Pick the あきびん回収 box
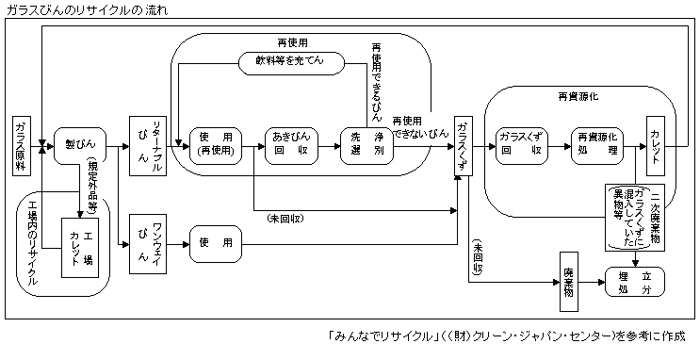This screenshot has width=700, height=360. click(x=290, y=147)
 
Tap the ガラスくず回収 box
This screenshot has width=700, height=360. click(x=521, y=147)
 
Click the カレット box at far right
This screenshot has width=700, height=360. click(x=659, y=146)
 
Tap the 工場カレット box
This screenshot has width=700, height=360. click(x=81, y=246)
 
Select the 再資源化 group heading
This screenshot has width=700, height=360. click(x=578, y=96)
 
